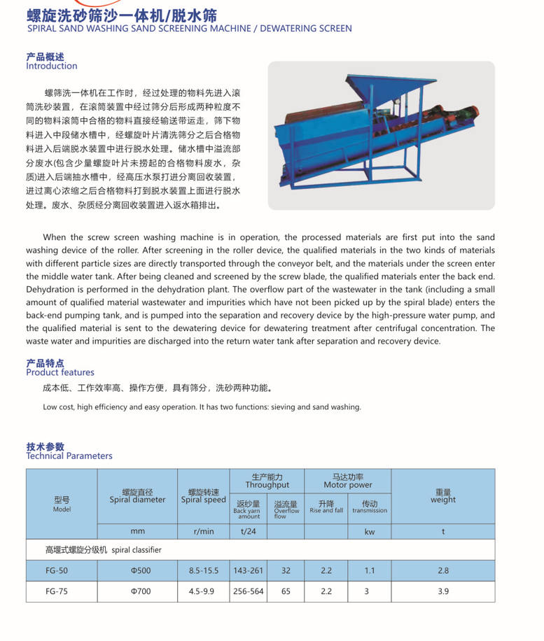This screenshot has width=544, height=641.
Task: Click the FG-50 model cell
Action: [57, 570]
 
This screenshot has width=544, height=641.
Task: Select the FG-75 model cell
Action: [57, 591]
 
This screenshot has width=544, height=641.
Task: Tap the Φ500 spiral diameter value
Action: [137, 570]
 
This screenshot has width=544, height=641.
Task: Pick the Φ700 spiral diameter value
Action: [137, 591]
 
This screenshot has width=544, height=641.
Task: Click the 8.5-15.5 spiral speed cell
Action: [203, 570]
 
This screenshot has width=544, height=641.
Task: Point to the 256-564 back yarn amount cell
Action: [249, 591]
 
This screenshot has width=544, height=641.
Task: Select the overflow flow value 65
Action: [286, 591]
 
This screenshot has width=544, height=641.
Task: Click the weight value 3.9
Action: [442, 591]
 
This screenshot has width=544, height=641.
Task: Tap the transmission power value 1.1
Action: [369, 570]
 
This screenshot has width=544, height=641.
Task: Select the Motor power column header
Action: [348, 481]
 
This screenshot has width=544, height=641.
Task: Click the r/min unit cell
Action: [203, 531]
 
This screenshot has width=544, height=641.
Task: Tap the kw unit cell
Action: [369, 531]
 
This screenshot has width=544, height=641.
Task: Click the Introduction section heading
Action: [51, 66]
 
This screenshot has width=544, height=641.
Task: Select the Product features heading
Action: [60, 372]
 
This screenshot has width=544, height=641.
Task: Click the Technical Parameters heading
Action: [69, 456]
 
